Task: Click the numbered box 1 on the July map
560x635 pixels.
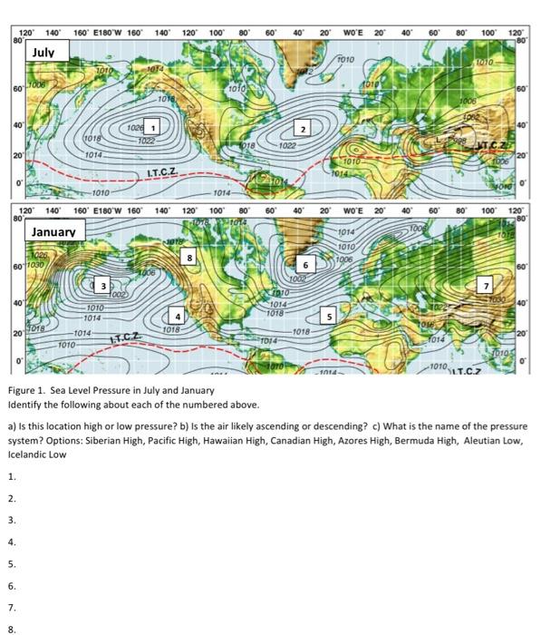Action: coord(154,127)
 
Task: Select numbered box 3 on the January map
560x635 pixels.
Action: coord(103,285)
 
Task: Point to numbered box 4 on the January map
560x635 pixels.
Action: coord(179,317)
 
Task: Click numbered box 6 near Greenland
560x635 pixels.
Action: coord(307,264)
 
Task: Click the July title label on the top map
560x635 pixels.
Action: coord(43,54)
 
